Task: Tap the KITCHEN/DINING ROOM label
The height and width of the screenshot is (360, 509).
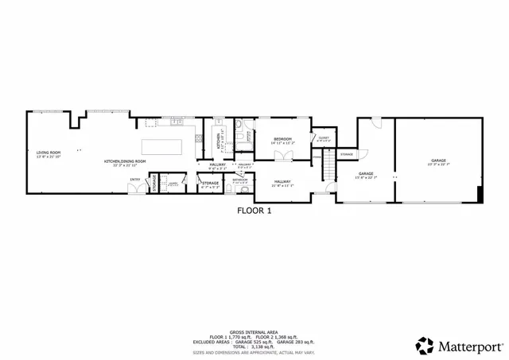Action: click(125, 162)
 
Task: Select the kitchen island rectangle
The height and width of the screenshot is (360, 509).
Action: click(161, 147)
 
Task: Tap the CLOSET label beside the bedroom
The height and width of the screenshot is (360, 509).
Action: click(323, 138)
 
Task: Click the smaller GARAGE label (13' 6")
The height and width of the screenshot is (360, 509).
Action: click(366, 173)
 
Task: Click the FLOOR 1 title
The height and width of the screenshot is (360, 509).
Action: click(254, 211)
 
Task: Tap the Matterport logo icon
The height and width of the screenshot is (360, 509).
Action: click(425, 346)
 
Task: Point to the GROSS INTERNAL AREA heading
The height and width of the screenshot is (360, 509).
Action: click(254, 331)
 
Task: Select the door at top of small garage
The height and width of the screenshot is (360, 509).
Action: click(377, 122)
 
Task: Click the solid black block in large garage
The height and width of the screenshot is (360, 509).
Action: click(479, 193)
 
